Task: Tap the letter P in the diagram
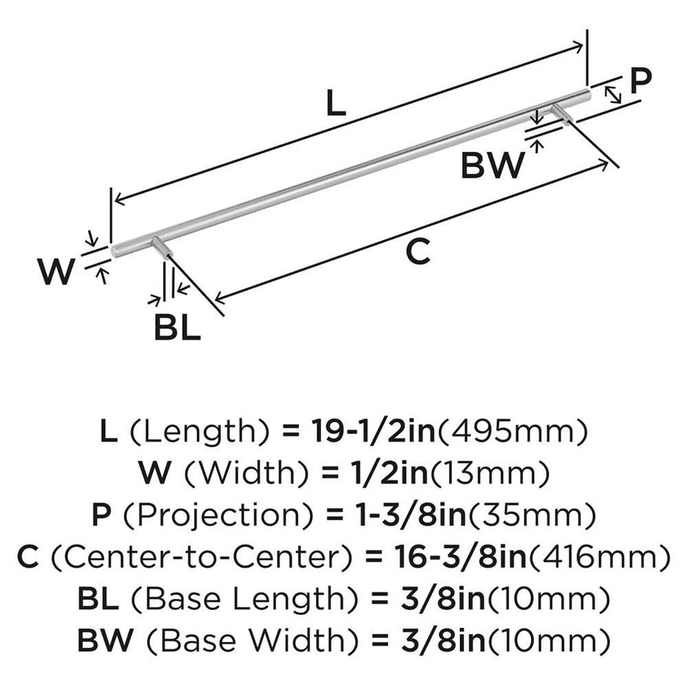640,82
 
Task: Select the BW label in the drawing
494,165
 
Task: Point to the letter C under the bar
417,252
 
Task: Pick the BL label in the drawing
177,328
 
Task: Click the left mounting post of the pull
163,247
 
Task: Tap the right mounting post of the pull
562,113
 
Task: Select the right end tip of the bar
587,93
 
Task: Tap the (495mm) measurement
513,432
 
